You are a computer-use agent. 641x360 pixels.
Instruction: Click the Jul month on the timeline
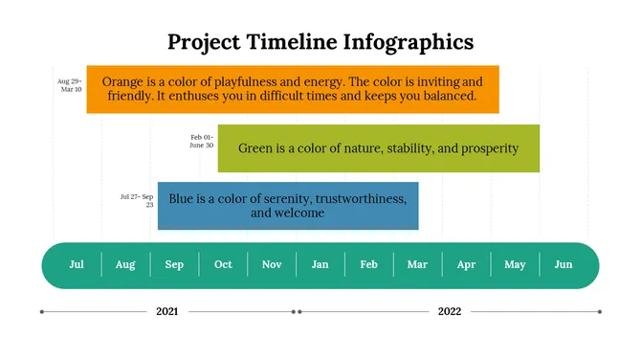tap(77, 264)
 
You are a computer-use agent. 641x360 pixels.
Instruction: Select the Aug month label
tap(125, 264)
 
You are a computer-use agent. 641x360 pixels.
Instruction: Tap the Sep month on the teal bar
tap(174, 264)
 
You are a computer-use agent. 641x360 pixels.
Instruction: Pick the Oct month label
tap(223, 264)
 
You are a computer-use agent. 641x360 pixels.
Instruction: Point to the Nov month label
tap(272, 264)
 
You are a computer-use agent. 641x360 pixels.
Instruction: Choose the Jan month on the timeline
tap(320, 264)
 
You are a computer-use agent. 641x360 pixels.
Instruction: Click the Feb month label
tap(369, 264)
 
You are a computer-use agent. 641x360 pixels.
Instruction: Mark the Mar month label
tap(417, 264)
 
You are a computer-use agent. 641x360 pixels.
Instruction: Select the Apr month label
tap(466, 264)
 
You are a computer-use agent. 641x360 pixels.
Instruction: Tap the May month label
tap(515, 264)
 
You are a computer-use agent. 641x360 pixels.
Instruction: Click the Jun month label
tap(564, 264)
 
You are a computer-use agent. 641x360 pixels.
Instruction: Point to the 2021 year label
tap(167, 311)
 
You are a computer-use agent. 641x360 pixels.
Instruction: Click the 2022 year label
tap(450, 311)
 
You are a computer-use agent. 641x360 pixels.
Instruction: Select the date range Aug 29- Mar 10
tap(70, 85)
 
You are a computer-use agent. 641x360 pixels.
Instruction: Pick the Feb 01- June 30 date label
tap(201, 141)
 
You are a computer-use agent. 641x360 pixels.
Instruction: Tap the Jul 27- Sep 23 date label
tap(137, 200)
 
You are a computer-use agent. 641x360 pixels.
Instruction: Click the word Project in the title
tap(206, 41)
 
